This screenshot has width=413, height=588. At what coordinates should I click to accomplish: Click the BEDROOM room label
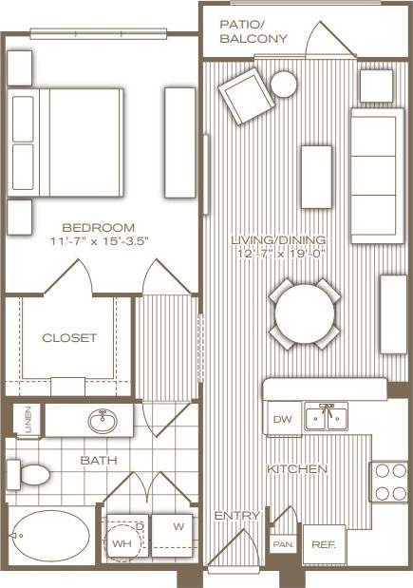coord(98,227)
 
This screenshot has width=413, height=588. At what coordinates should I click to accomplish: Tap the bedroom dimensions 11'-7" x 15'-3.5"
coord(98,240)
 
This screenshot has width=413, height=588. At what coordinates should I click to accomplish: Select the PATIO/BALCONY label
coord(253,31)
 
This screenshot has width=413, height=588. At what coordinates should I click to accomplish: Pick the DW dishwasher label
coord(282,419)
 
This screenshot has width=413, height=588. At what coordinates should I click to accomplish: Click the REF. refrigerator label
coord(324,545)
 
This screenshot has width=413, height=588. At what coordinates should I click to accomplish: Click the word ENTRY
coord(236,516)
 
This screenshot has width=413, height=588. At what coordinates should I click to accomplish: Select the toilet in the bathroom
coord(28,472)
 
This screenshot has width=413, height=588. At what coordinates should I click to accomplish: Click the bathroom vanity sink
coord(102,421)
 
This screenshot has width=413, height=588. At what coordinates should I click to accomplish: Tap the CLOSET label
coord(69,337)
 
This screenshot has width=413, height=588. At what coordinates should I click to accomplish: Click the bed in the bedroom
coord(66,142)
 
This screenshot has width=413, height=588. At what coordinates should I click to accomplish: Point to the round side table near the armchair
coord(284,85)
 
